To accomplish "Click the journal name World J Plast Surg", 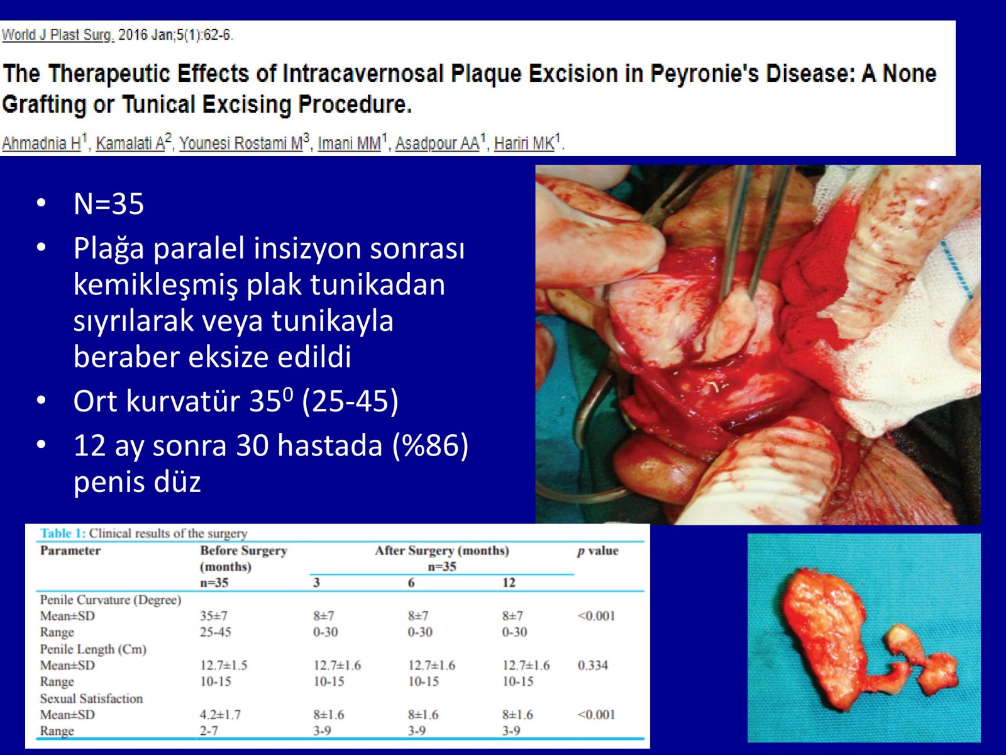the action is (57, 35).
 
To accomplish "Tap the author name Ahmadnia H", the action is (41, 143).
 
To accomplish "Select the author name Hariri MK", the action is (524, 143).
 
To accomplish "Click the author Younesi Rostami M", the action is (241, 143).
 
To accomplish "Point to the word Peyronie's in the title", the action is (704, 74).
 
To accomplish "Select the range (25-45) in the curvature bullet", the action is (350, 401).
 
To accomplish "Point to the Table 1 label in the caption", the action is (63, 533).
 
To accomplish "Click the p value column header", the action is (598, 551).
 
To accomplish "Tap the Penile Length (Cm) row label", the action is (93, 649).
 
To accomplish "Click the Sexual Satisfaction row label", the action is (91, 698).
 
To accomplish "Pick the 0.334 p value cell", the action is (593, 665).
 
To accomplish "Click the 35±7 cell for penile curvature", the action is (213, 616).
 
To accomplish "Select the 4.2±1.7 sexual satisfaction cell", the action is (220, 715).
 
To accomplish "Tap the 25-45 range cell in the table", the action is (216, 632).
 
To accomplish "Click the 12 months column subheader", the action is (509, 583).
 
